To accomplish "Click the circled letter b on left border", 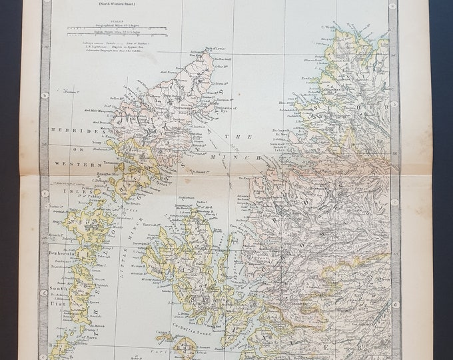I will pyautogui.click(x=45, y=95).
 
